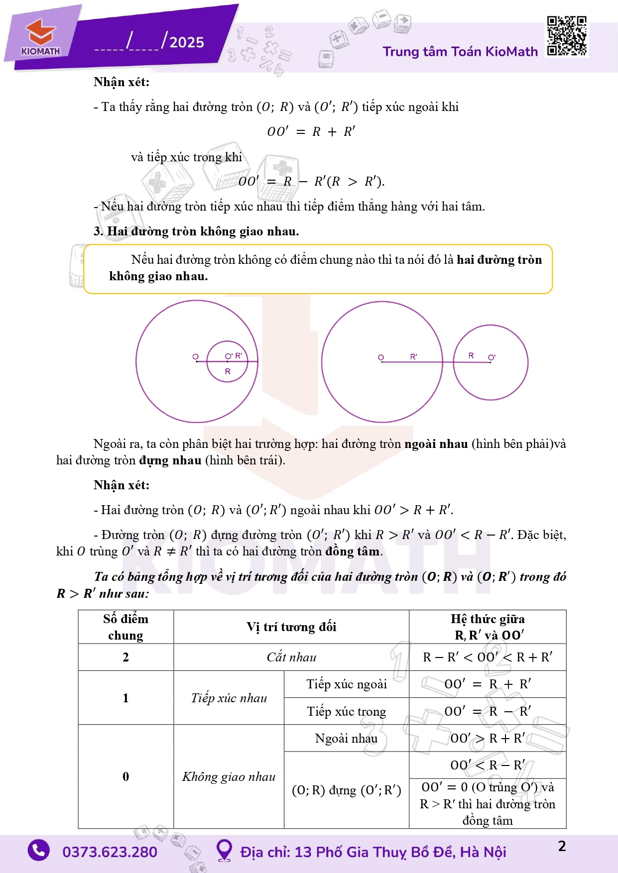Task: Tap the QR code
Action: coord(566,36)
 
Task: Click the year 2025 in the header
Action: coord(187,42)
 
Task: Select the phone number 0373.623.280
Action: coord(110,852)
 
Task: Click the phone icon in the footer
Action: coord(39,851)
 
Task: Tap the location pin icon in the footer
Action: coord(224,851)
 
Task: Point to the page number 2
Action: coord(562,846)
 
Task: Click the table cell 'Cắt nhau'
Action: coord(291,657)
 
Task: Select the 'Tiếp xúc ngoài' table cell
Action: coord(347,684)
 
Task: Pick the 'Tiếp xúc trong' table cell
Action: coord(347,711)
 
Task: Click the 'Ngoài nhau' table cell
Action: coord(347,738)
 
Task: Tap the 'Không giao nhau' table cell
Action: coord(229,776)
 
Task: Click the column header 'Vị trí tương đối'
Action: coord(291,627)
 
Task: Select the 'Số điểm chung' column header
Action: coord(125,627)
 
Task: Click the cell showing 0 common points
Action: coord(125,776)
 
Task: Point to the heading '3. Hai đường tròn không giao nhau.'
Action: coord(196,231)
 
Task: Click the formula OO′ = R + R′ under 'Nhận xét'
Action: coord(311,131)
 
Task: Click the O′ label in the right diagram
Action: coord(492,357)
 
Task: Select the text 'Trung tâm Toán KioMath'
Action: coord(460,52)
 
